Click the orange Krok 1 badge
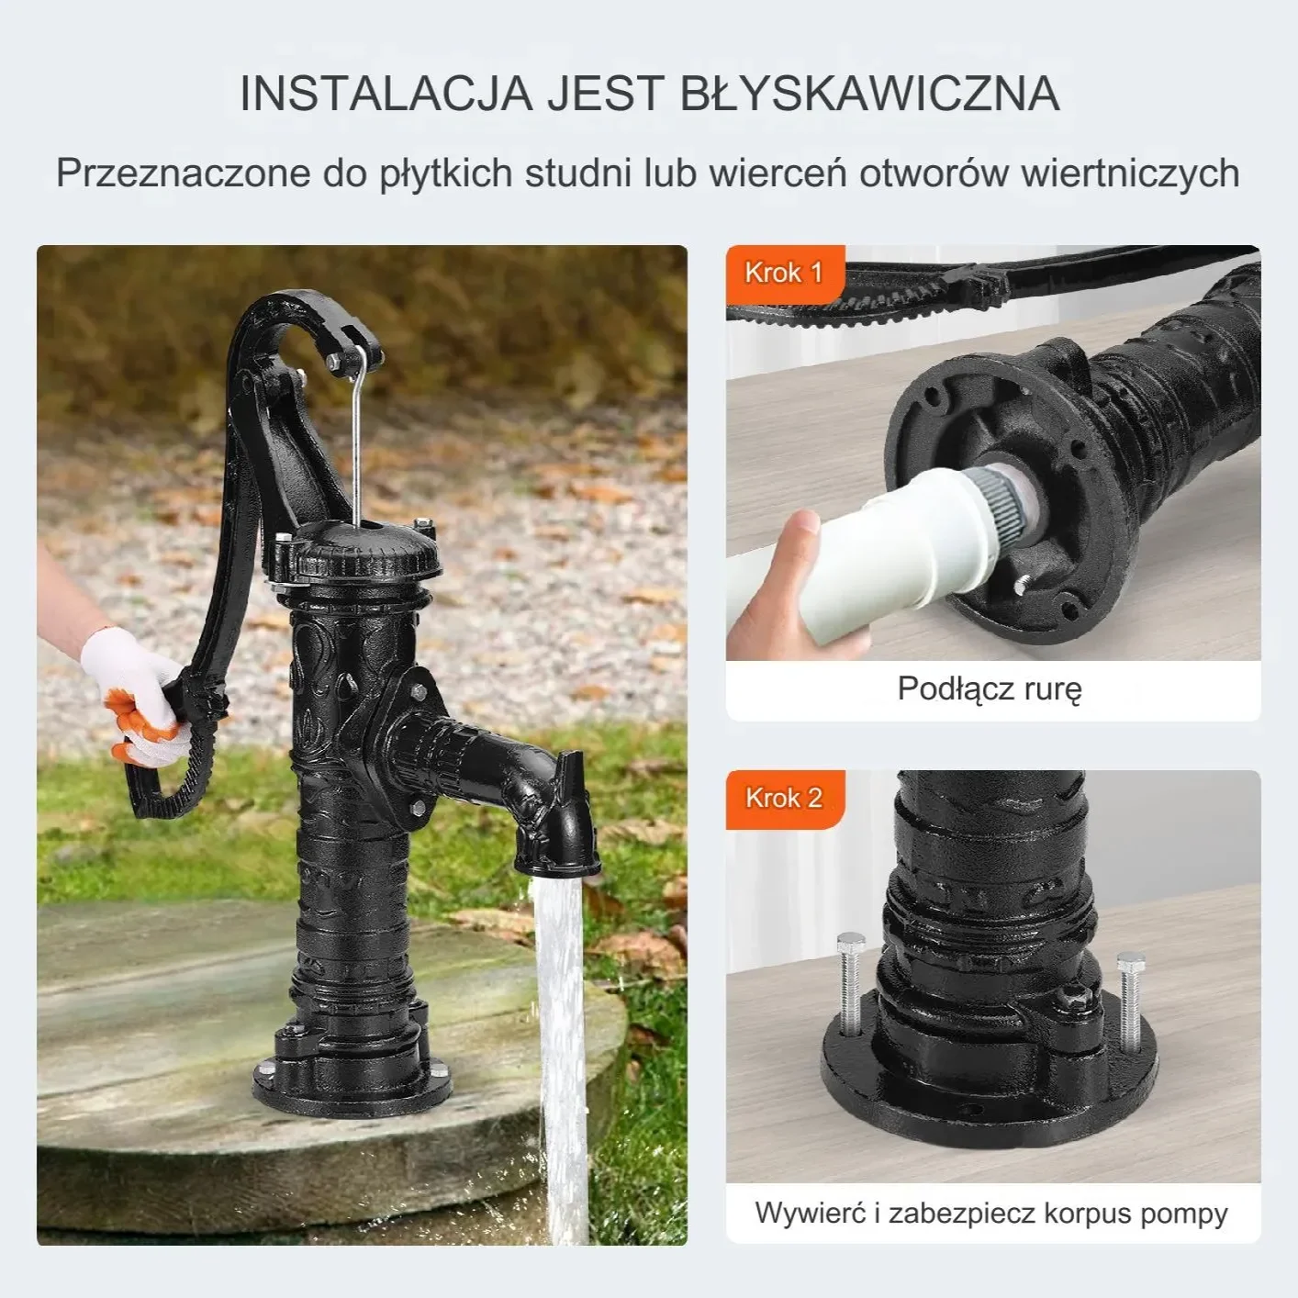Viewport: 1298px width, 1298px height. [x=783, y=273]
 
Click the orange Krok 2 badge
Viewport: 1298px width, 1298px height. [x=783, y=798]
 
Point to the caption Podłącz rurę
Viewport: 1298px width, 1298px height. [x=990, y=688]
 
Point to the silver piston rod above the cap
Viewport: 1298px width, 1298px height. [x=360, y=441]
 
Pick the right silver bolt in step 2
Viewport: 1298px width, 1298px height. [x=1128, y=996]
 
